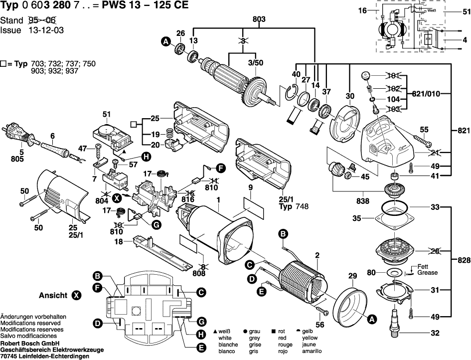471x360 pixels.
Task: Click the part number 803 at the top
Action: [259, 19]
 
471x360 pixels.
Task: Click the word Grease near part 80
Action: [428, 273]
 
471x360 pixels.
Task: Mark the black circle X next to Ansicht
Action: [76, 295]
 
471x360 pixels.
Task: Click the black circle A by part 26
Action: [165, 43]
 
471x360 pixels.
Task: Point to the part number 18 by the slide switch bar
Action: [119, 242]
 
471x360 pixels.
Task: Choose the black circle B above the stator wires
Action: [282, 234]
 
